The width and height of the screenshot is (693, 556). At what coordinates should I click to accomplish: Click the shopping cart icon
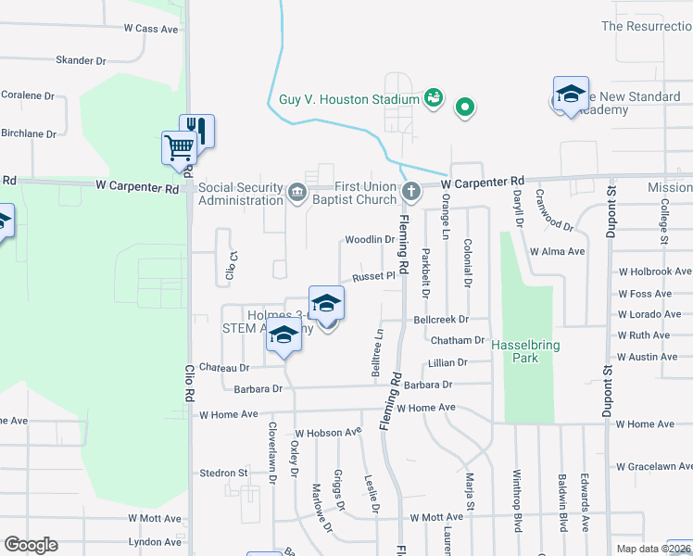coord(178,146)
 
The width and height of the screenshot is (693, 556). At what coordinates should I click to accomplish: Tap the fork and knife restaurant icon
coord(197,129)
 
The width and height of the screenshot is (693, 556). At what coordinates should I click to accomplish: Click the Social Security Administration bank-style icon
coord(296,193)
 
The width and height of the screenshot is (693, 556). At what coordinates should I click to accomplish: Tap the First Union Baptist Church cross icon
coord(411,193)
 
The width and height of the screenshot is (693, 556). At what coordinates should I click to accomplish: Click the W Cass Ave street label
coord(151,29)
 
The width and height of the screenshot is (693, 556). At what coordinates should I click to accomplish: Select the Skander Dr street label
coord(82,60)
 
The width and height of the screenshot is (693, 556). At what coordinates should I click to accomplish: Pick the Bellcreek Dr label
coord(437,319)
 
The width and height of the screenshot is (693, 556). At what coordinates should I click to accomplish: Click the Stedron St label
coord(224,473)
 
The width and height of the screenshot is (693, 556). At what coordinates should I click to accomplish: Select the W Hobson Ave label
coord(328,432)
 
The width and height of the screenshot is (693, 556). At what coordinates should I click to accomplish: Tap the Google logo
coord(31,545)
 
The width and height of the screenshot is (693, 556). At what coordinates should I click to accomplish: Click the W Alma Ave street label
coord(558,251)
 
